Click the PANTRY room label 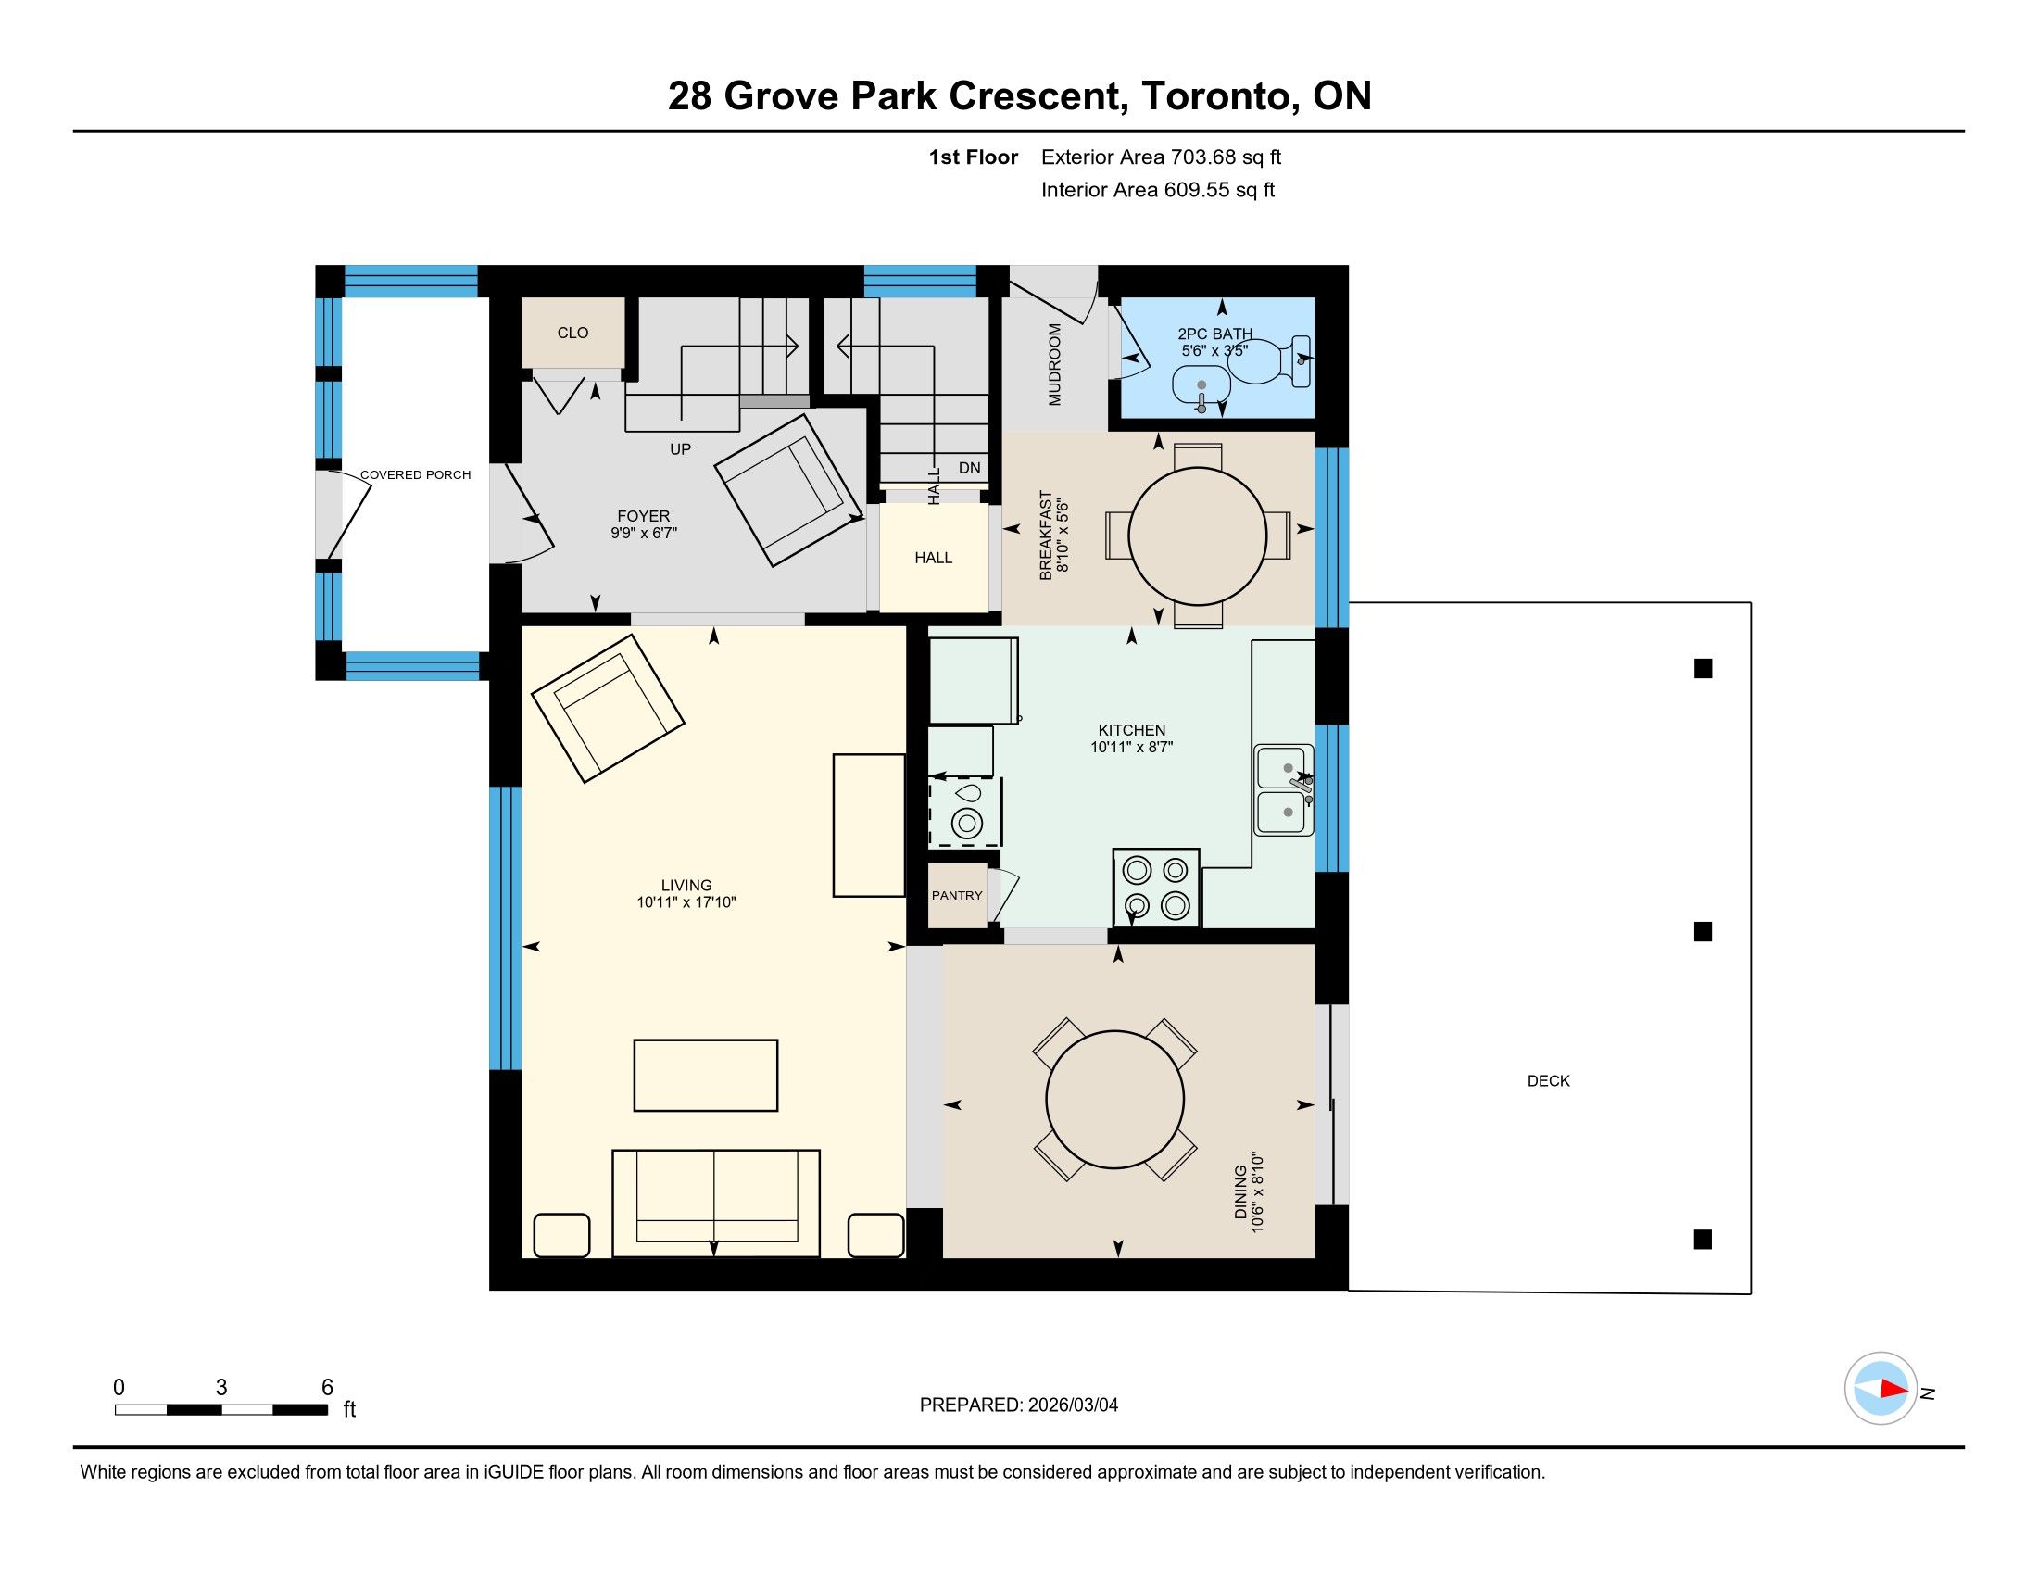957,895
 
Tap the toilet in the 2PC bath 1270,361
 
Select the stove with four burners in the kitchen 1155,888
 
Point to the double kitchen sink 1284,789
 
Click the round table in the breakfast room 1197,535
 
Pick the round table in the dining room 1115,1099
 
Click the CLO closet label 572,334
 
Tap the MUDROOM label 1054,364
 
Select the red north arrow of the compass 1894,1389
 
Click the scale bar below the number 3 221,1409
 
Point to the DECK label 1548,1080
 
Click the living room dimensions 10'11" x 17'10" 686,902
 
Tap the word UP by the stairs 680,448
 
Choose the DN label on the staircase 970,468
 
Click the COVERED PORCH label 415,475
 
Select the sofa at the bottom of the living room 716,1203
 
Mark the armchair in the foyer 787,489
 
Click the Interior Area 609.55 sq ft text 1157,190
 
